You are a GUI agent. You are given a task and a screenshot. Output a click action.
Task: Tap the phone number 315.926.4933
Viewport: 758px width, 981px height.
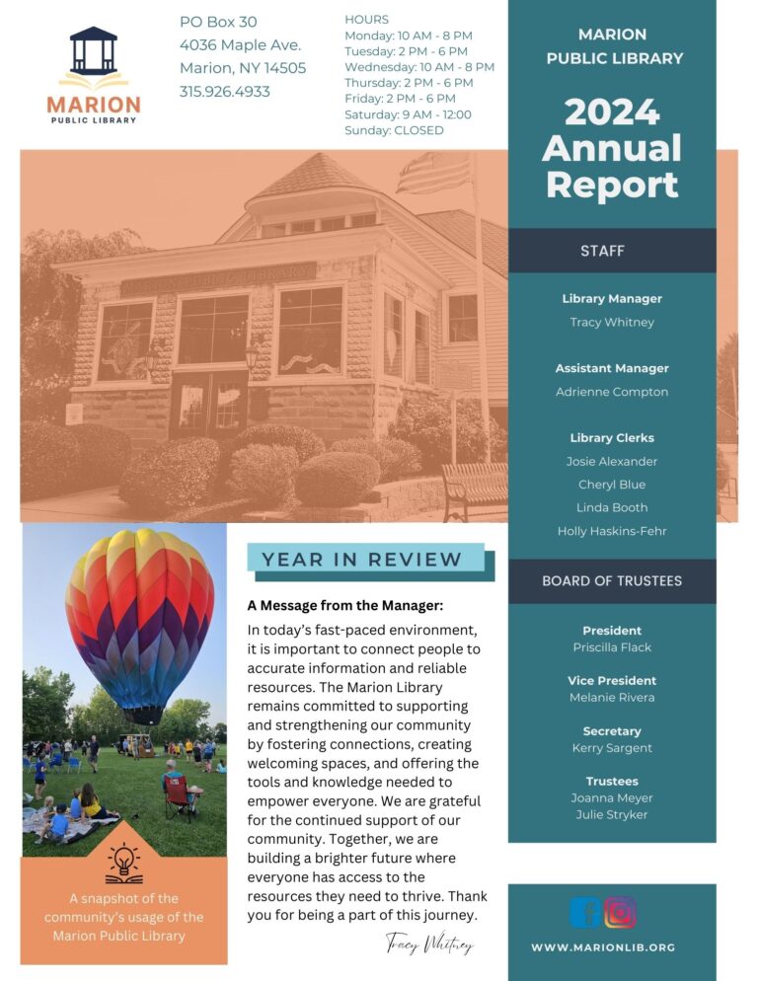tap(224, 92)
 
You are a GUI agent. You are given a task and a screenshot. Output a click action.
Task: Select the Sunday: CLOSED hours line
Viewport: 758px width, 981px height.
tap(394, 130)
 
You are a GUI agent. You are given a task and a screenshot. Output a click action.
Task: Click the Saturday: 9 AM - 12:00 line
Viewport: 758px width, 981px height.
tap(408, 114)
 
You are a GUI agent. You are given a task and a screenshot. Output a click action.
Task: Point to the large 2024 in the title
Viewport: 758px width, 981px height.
tap(611, 113)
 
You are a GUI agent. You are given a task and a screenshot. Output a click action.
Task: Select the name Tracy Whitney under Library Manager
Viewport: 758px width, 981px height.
tap(612, 322)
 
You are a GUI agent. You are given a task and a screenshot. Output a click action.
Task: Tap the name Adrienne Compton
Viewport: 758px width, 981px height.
tap(612, 392)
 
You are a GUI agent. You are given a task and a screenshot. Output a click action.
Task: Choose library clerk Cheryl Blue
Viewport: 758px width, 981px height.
tap(612, 485)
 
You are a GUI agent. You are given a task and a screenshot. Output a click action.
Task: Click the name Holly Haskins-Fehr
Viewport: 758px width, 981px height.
tap(612, 531)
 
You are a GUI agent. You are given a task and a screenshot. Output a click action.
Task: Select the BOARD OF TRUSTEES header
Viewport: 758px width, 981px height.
tap(612, 581)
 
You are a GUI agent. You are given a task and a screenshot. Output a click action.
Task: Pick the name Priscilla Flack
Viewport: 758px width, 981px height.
tap(612, 647)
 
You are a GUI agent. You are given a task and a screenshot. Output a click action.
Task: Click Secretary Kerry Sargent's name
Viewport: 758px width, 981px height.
tap(612, 748)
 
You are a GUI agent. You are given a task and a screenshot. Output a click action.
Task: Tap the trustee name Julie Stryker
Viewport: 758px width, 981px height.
tap(612, 815)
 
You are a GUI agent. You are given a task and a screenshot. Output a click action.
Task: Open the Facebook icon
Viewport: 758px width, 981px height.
tap(585, 912)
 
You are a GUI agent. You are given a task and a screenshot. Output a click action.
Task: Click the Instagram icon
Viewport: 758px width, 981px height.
tap(620, 912)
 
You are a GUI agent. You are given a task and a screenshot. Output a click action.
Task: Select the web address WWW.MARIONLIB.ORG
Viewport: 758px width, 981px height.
tap(603, 947)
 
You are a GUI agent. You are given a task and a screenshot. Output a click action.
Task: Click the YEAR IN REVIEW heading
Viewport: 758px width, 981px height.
tap(361, 560)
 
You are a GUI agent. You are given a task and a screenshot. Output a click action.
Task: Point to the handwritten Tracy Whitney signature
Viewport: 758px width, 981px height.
tap(429, 943)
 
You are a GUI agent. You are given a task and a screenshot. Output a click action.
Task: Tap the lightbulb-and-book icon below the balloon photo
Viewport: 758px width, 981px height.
tap(124, 865)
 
